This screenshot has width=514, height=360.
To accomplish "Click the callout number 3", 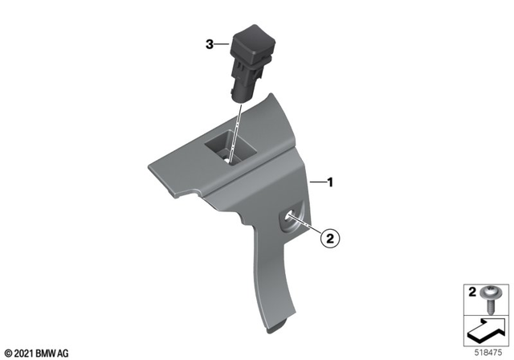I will pos(210,46).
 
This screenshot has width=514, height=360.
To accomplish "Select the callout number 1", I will pos(329,182).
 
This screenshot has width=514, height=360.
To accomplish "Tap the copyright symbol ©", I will pos(7,351).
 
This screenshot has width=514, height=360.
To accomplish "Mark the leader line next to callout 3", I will pos(223,46).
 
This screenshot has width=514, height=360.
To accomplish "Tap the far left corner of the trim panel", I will pos(149,167).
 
